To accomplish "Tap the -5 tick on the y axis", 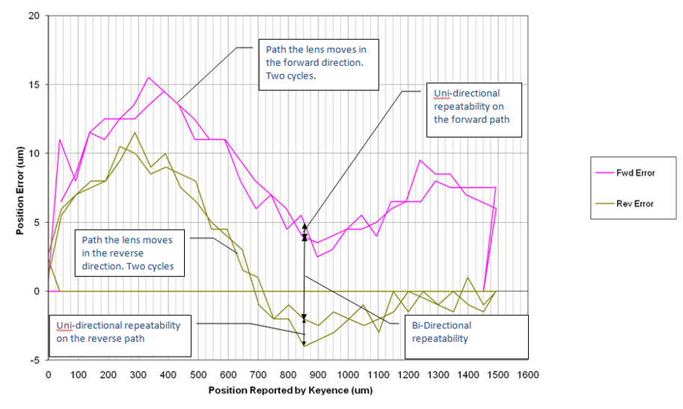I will pyautogui.click(x=34, y=360).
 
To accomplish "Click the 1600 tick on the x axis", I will pyautogui.click(x=527, y=375).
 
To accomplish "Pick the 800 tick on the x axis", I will pyautogui.click(x=288, y=375).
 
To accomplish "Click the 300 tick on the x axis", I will pyautogui.click(x=138, y=375).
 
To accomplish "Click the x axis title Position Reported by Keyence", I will pyautogui.click(x=290, y=390).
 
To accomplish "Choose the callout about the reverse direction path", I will pyautogui.click(x=132, y=253).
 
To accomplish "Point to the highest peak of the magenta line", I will pyautogui.click(x=149, y=77).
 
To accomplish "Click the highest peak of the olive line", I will pyautogui.click(x=135, y=133).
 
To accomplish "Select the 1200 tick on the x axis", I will pyautogui.click(x=408, y=375).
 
